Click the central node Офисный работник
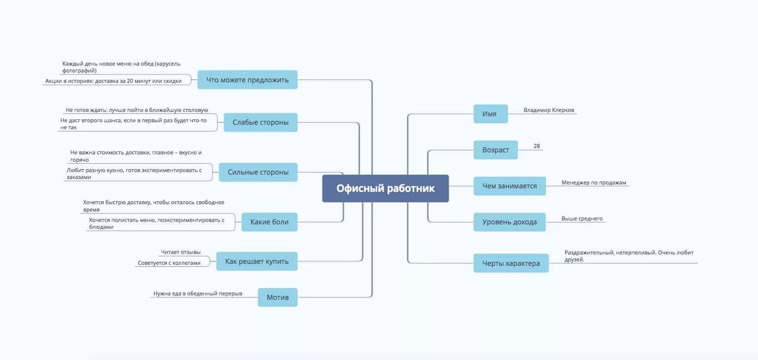385,188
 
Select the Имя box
490,114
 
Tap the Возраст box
495,150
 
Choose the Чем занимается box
509,186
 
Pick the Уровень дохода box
509,222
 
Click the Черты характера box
511,263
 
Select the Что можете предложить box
247,79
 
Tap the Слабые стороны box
260,122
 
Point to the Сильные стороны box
258,172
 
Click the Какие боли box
269,222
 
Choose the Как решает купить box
256,261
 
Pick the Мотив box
277,297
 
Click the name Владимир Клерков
548,110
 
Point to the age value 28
537,146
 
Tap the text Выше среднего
582,218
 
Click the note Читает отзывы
180,252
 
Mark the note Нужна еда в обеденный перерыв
198,293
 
